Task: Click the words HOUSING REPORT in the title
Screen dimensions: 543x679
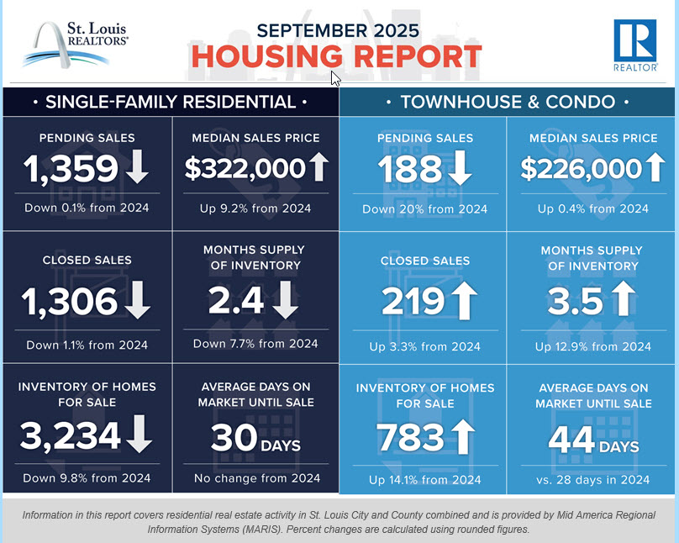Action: click(x=336, y=57)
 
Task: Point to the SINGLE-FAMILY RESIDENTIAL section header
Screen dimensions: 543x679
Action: click(x=171, y=103)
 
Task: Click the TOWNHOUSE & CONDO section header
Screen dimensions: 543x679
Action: click(x=508, y=103)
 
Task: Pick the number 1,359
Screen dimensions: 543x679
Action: click(x=71, y=169)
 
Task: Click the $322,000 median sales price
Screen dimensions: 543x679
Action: click(x=245, y=169)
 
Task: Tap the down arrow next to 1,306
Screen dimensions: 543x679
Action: click(x=138, y=300)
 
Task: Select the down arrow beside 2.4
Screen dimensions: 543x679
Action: click(x=286, y=300)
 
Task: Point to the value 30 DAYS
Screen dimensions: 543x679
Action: click(x=255, y=439)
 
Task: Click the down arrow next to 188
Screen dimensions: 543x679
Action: click(x=460, y=169)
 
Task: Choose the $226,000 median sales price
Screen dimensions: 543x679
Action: click(x=582, y=169)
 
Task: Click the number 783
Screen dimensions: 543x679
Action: click(x=410, y=437)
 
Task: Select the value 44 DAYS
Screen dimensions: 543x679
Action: click(x=593, y=439)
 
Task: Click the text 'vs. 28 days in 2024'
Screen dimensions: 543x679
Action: click(x=593, y=479)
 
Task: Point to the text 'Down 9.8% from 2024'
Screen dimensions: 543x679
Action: click(x=88, y=478)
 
